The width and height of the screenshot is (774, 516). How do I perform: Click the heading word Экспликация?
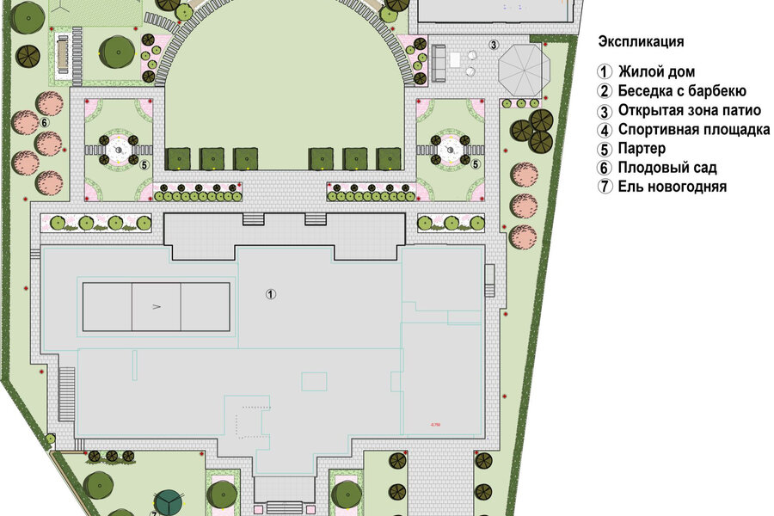point(641,41)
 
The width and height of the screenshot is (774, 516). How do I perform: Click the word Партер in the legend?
point(642,149)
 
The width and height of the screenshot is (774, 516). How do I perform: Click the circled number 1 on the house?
point(271,294)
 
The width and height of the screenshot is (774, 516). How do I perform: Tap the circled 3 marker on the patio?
point(494,45)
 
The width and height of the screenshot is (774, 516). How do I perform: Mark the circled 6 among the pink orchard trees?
point(44,122)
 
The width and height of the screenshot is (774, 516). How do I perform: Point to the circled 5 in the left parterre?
point(144,165)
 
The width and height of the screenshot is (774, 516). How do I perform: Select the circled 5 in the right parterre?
point(476,164)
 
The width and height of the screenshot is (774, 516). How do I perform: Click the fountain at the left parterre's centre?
point(119,150)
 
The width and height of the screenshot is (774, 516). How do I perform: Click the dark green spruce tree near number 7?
point(169,502)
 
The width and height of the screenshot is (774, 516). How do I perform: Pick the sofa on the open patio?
point(439,63)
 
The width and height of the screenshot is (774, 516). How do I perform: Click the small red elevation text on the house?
point(435,425)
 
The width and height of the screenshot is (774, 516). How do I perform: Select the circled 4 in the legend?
point(605,131)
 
